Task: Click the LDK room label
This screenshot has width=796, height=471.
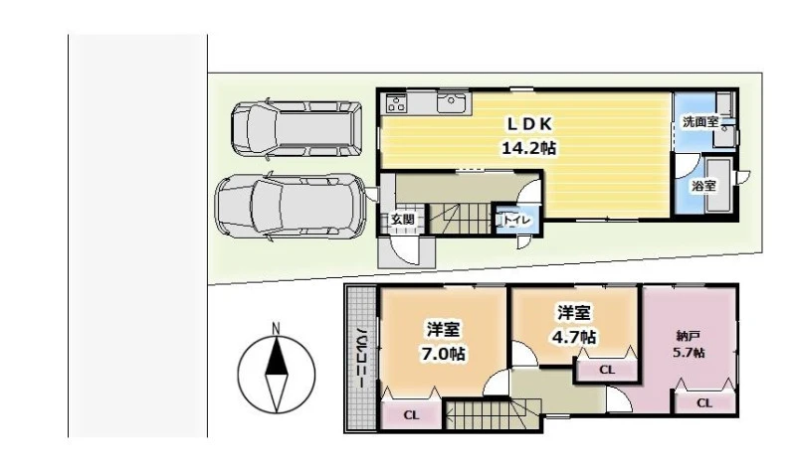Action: [529, 123]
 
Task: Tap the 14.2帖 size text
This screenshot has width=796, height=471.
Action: [528, 148]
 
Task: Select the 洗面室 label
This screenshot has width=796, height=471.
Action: [700, 122]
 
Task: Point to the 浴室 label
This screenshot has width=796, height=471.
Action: [704, 186]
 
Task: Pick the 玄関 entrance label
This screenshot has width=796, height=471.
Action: [403, 220]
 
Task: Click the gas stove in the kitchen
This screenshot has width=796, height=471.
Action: [396, 103]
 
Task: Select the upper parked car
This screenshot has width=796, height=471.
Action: [297, 128]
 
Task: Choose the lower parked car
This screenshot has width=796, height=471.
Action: [292, 206]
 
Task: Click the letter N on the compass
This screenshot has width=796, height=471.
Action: [276, 329]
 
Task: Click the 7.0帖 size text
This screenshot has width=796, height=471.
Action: [443, 354]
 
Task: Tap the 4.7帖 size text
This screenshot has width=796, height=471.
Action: [574, 336]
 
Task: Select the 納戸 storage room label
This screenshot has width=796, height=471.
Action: [689, 336]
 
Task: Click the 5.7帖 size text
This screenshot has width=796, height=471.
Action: [689, 353]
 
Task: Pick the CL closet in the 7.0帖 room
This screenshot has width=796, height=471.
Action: [411, 414]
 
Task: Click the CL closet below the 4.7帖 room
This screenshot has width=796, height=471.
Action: [607, 370]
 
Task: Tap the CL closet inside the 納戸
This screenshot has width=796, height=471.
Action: [704, 403]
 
